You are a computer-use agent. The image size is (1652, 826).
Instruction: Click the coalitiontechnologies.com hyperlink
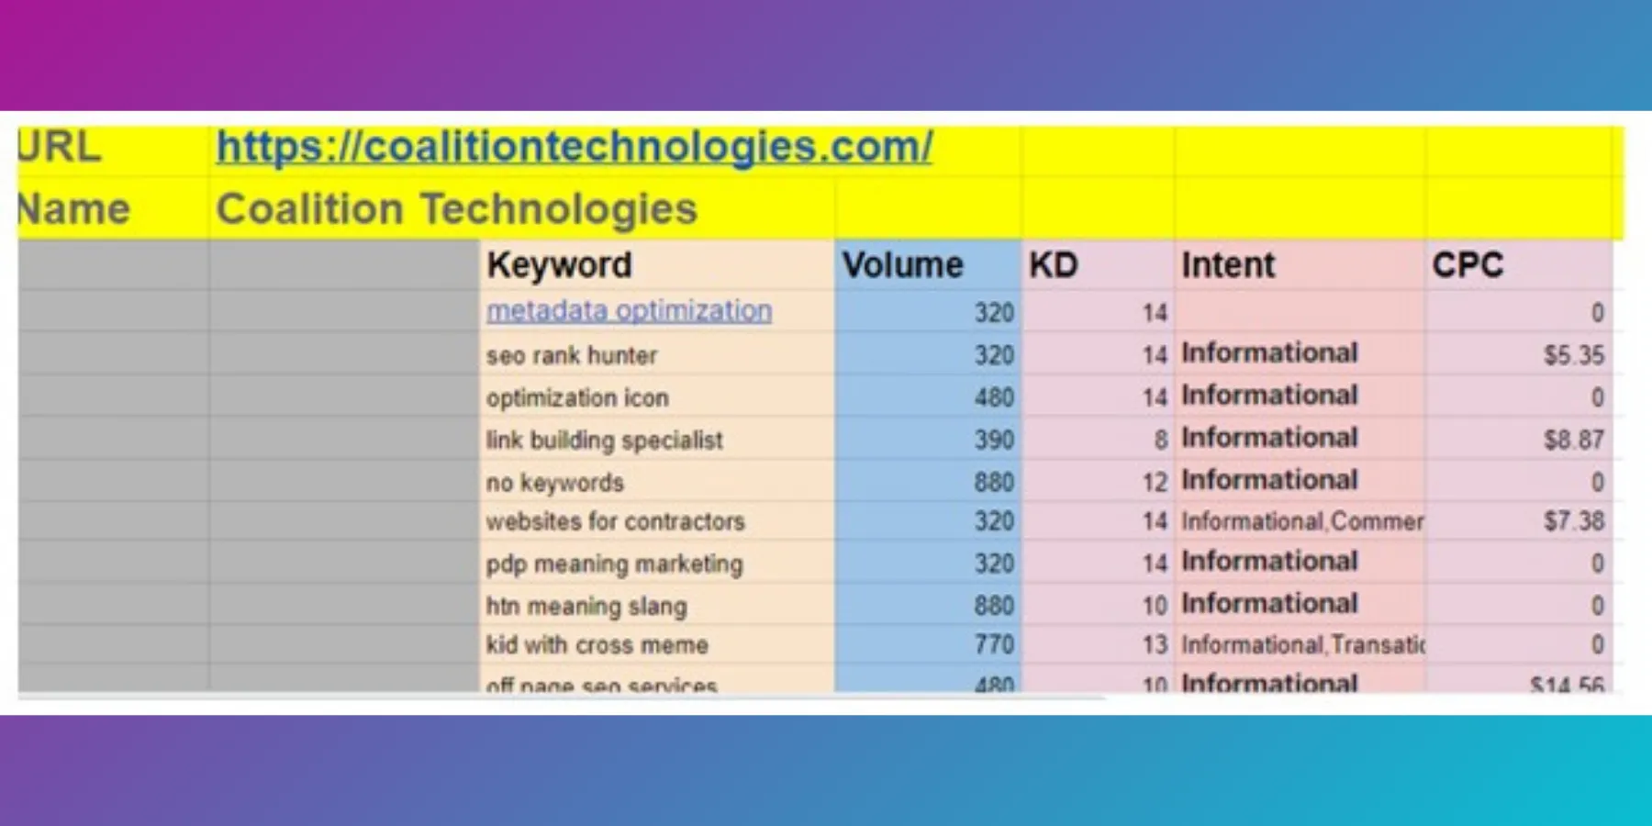pos(574,147)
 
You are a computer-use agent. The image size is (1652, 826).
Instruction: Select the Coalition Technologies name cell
pos(456,209)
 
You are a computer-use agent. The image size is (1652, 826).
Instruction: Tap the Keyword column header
pos(559,265)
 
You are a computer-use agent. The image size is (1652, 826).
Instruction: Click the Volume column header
pos(902,265)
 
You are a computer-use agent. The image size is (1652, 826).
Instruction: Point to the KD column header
pos(1053,265)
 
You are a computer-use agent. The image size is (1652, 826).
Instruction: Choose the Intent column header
pos(1227,265)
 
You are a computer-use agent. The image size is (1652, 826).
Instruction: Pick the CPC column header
pos(1467,265)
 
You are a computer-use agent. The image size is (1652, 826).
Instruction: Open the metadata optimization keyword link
pos(629,311)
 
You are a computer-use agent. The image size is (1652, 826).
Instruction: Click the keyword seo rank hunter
pos(571,355)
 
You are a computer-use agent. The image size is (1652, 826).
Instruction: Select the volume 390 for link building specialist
pos(993,440)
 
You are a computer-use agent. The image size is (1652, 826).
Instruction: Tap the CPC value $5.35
pos(1573,355)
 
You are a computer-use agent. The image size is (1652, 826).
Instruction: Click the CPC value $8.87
pos(1573,440)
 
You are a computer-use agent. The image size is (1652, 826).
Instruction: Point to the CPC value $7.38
pos(1573,521)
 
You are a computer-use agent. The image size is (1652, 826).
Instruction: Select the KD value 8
pos(1160,440)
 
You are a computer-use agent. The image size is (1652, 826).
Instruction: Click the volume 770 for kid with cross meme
pos(993,644)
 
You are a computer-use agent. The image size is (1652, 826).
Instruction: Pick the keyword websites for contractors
pos(615,521)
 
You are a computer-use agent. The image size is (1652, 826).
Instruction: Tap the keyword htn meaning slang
pos(586,606)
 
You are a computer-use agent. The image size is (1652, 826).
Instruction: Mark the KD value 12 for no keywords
pos(1154,482)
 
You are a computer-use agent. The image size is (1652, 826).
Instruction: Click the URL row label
pos(60,147)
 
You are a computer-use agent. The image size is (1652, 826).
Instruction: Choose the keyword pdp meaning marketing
pos(614,564)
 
